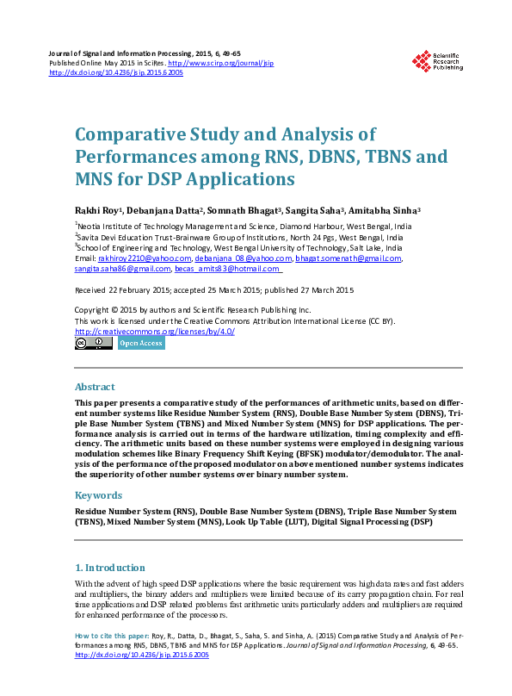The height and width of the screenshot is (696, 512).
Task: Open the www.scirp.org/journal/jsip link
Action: click(220, 64)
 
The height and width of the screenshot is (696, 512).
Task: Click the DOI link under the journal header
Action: click(116, 73)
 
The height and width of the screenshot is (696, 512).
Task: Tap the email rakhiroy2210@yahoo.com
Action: click(145, 258)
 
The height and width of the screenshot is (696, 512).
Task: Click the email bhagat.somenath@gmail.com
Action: click(349, 258)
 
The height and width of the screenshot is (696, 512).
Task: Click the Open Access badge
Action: click(140, 343)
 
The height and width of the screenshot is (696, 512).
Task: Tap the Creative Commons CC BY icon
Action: click(93, 343)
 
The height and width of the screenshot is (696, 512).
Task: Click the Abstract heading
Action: click(95, 387)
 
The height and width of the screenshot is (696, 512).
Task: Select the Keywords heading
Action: click(98, 495)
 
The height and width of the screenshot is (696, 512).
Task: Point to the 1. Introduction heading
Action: click(110, 569)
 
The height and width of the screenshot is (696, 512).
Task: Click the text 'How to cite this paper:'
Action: click(113, 637)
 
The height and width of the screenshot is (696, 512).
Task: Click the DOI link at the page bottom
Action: click(142, 656)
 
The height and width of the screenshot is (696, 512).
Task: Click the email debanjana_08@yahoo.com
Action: click(243, 258)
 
